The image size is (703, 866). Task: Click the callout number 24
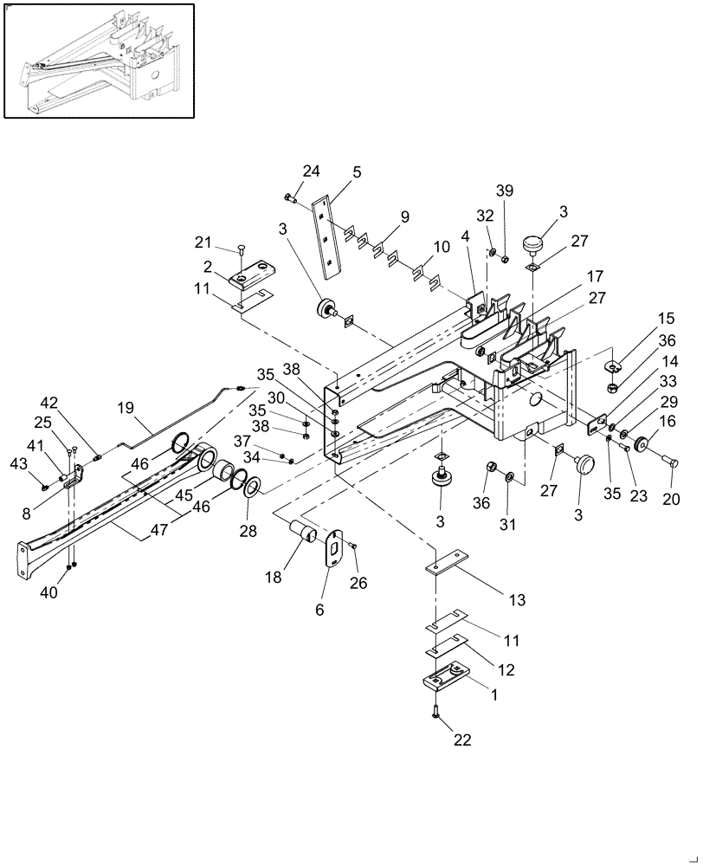(287, 171)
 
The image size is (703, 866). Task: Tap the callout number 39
(505, 191)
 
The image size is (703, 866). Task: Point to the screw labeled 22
(435, 714)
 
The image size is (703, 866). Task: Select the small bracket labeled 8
(76, 476)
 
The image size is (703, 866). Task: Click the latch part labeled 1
(447, 677)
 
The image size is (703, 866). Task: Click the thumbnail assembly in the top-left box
(98, 61)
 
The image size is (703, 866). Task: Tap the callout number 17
(595, 277)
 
